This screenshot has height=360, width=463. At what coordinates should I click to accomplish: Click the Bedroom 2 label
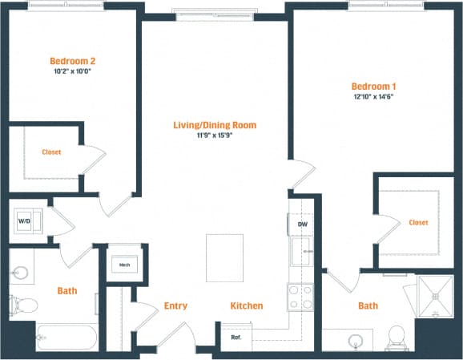click(73, 61)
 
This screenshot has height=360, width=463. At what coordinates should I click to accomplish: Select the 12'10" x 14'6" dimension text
click(372, 96)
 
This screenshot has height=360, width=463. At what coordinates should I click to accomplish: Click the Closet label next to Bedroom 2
click(51, 152)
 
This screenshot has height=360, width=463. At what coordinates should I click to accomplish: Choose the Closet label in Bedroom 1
click(417, 222)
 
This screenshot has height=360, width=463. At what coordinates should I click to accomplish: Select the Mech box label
click(124, 264)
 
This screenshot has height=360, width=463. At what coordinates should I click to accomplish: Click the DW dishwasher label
click(302, 224)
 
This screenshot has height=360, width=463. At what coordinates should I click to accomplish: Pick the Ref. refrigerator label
click(236, 337)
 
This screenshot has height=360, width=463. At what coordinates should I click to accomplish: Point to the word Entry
click(175, 306)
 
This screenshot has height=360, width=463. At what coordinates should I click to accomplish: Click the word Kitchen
click(247, 306)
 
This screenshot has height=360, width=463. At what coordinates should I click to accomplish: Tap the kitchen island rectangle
click(225, 257)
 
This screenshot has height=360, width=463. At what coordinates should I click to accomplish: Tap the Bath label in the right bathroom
click(368, 306)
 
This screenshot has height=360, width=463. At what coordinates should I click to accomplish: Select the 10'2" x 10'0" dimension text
click(73, 72)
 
